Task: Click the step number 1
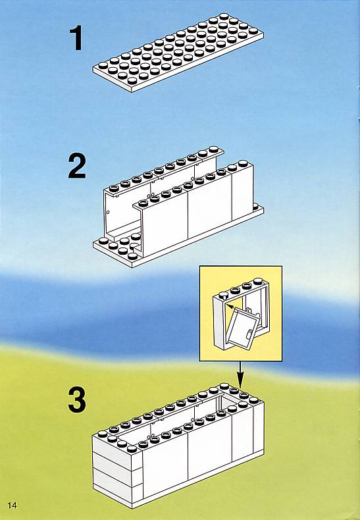pos(76,39)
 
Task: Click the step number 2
pos(77,166)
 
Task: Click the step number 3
pos(77,400)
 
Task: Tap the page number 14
pos(12,505)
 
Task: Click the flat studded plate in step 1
pos(178,53)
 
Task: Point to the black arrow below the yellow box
pos(240,374)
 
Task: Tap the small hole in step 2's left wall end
pos(108,211)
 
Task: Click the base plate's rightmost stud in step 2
pos(255,207)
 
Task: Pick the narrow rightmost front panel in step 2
pos(243,192)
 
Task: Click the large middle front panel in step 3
pos(209,450)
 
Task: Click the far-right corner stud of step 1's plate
pos(253,30)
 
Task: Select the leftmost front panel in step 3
pos(165,463)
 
